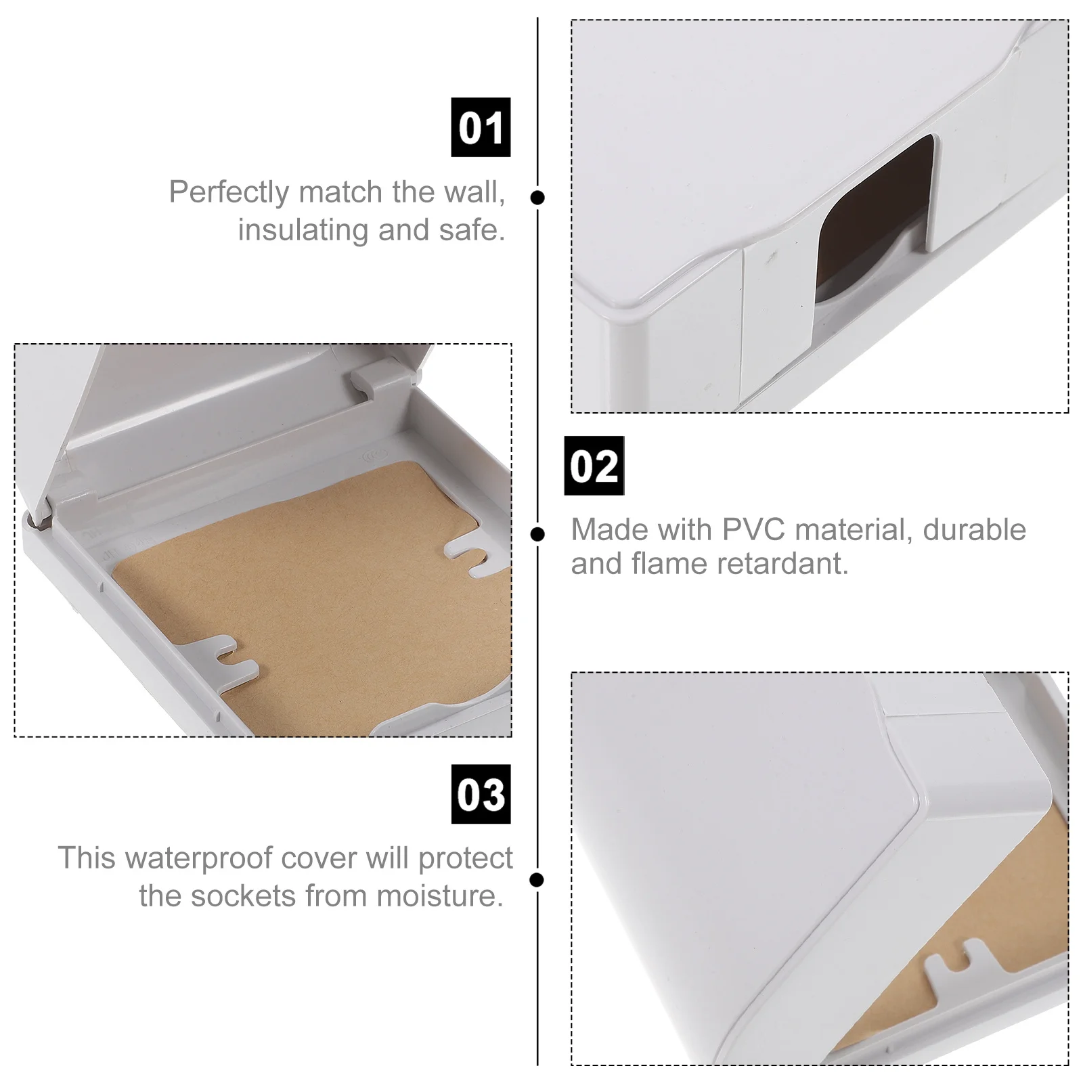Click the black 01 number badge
point(481,127)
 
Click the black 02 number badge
point(594,466)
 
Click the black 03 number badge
point(481,794)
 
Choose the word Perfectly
point(229,192)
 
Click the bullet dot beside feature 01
point(537,198)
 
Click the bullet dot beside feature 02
point(537,535)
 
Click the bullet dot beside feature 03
point(537,880)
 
